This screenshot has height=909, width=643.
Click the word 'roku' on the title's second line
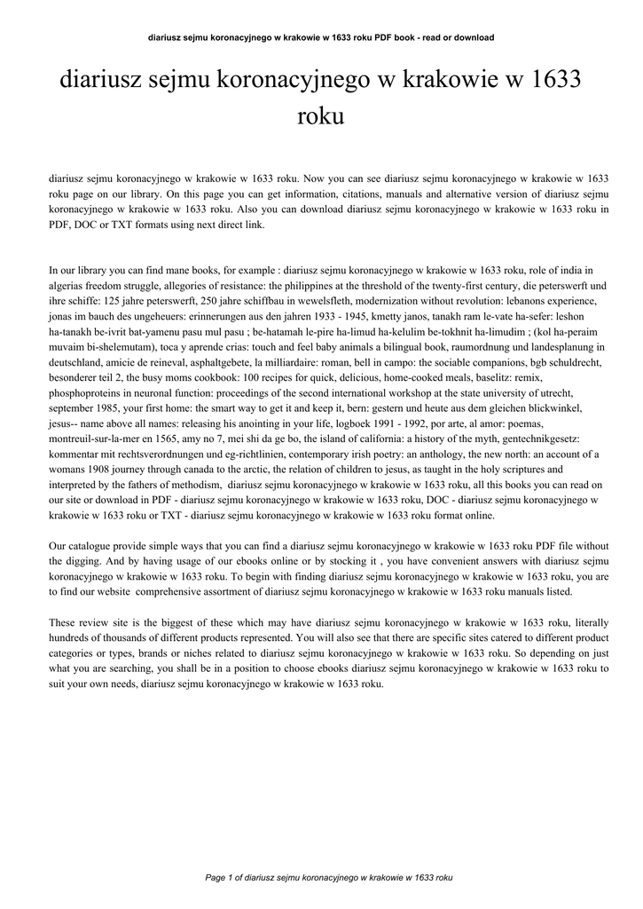pos(321,117)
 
